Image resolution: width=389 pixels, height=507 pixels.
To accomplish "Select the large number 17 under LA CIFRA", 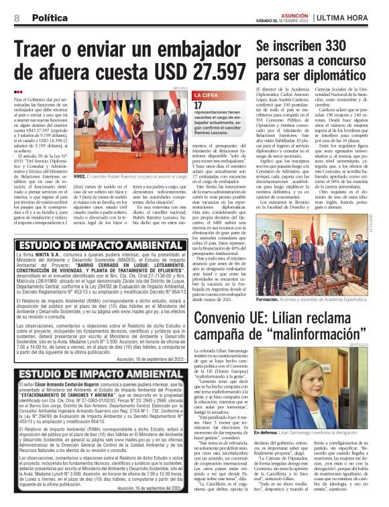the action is (199, 105).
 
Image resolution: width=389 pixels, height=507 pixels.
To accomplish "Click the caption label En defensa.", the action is (270, 489).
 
